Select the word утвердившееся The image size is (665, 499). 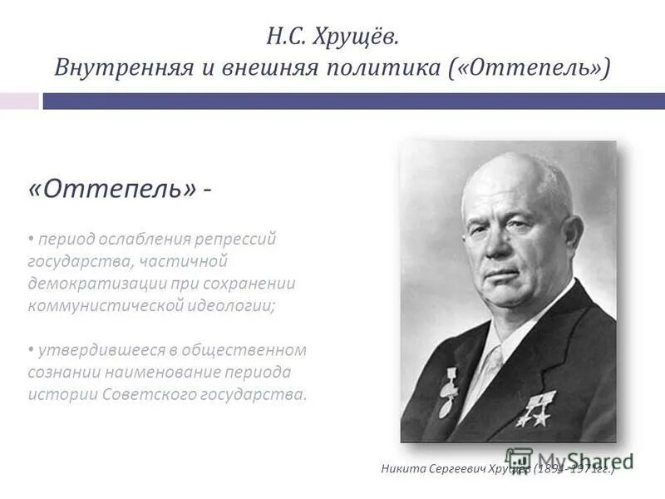click(93, 349)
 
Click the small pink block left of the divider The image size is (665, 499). click(19, 101)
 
